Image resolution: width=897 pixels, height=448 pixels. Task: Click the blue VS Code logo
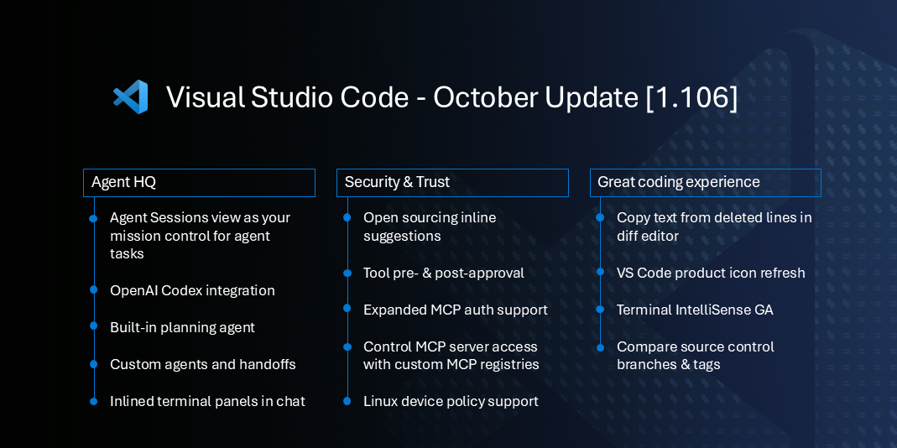point(131,97)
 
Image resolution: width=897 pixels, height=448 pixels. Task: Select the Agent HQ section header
point(199,183)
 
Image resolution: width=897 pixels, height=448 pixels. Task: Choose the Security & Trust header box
point(452,183)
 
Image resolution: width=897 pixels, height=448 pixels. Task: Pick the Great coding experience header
point(705,183)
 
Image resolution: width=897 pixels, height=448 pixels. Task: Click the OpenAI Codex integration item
point(192,290)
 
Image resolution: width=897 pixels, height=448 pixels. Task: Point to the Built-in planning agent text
point(182,327)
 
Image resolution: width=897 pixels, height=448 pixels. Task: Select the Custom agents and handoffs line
point(202,364)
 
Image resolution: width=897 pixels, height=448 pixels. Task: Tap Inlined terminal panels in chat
point(207,401)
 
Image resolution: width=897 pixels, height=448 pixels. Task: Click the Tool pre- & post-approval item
point(443,273)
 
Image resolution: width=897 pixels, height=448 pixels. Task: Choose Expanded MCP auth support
point(455,310)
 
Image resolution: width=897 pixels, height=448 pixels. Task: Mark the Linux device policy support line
point(451,401)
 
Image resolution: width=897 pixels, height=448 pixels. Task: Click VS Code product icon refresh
point(711,273)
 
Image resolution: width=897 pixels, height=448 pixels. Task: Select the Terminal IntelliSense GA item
point(695,310)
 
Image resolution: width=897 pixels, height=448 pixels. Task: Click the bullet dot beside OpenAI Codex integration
point(94,290)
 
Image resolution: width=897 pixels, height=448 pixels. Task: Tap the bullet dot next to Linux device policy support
point(347,401)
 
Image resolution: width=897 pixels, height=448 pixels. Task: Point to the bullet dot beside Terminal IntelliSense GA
point(600,310)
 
